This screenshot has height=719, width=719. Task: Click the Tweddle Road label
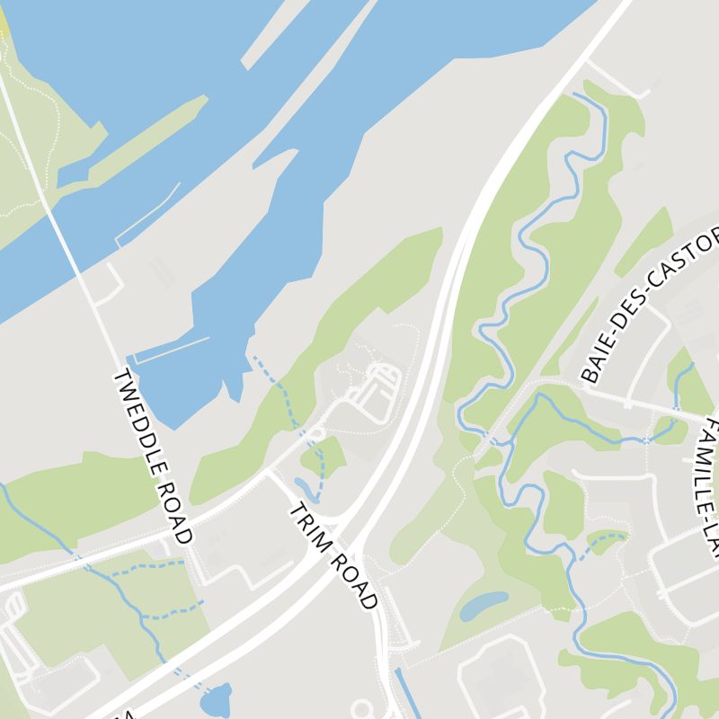coord(152,457)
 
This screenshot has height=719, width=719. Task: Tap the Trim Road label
coord(333,556)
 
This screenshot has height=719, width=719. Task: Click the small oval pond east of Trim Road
coord(484,605)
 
